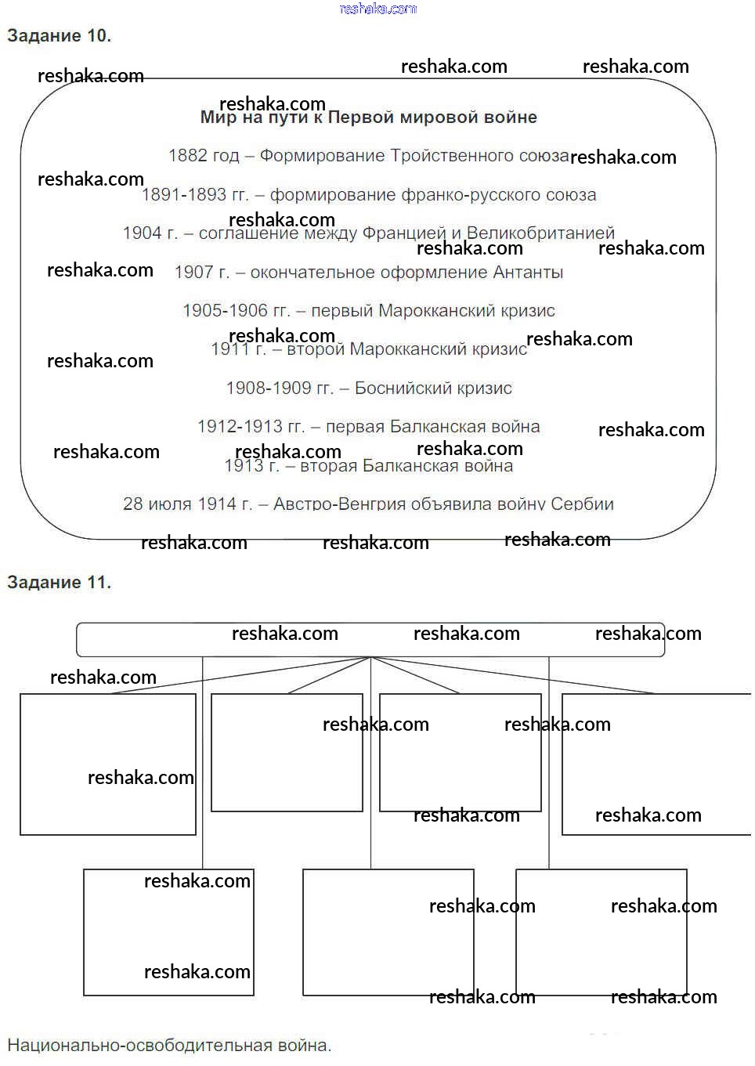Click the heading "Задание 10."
tap(59, 36)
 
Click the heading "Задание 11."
tap(59, 583)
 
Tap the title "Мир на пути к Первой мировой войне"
tap(369, 118)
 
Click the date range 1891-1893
tap(184, 195)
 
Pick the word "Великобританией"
tap(540, 233)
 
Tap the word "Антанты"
tap(528, 273)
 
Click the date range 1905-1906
tap(225, 311)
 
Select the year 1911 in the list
tap(228, 349)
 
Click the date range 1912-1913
tap(240, 427)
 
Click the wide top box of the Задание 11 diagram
tap(370, 640)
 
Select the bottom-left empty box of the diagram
tap(168, 932)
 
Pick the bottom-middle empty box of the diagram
tap(388, 932)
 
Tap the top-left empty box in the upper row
tap(107, 764)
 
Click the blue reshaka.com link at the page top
tap(377, 9)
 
